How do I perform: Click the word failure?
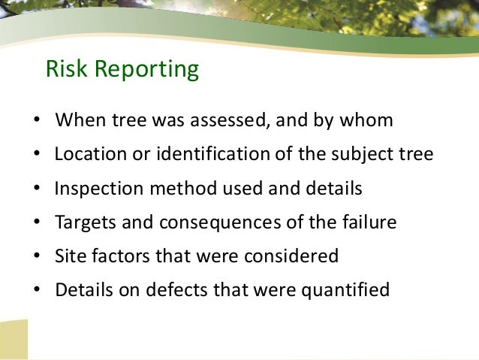[x=367, y=223]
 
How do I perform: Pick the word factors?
[x=121, y=256]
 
